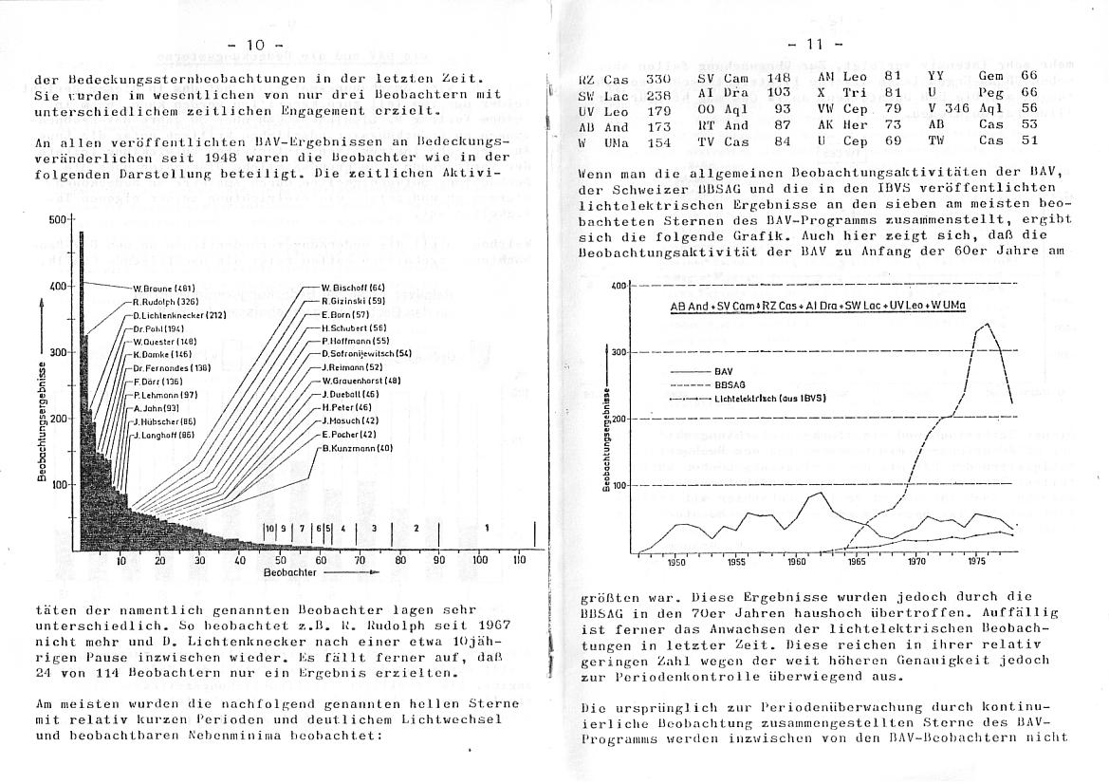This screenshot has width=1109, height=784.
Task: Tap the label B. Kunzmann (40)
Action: pos(358,447)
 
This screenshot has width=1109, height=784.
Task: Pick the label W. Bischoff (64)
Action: pos(353,287)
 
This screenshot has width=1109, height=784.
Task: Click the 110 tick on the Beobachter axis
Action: pos(518,560)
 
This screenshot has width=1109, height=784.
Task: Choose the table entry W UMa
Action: pos(603,140)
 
